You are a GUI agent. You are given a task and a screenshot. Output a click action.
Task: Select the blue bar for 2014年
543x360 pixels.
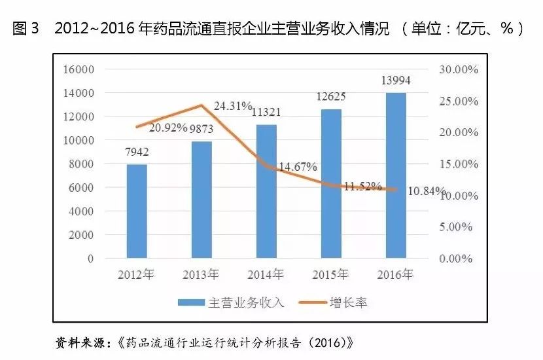coord(266,191)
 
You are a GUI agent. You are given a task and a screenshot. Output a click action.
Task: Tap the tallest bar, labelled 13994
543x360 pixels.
coord(396,175)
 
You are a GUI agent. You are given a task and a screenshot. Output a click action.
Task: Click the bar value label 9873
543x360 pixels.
coord(201,128)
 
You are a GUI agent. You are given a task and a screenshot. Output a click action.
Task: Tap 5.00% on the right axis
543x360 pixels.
coord(457,227)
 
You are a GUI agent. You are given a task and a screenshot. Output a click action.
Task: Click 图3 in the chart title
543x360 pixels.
coord(26,29)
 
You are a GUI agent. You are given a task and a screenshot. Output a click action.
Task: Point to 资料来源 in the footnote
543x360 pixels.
coord(82,342)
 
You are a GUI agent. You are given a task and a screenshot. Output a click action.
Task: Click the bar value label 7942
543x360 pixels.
coord(136,152)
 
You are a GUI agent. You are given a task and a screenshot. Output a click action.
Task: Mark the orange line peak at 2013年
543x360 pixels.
coord(201,105)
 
